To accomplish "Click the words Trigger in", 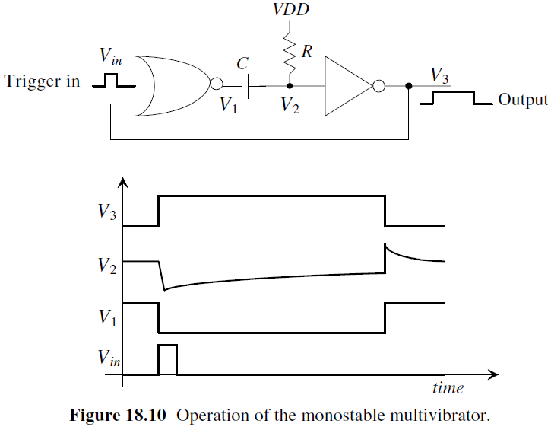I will (x=42, y=81).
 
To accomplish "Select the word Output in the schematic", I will (x=522, y=100).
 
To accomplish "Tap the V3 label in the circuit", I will (x=439, y=75).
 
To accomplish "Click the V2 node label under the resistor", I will (x=290, y=106).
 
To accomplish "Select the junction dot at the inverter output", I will (x=410, y=87).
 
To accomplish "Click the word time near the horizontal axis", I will (x=448, y=388).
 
